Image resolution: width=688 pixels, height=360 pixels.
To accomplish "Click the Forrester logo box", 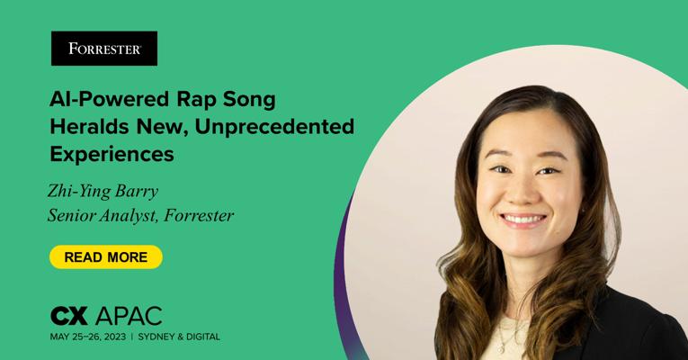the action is click(104, 49).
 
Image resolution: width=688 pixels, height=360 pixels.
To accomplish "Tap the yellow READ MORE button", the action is click(106, 256).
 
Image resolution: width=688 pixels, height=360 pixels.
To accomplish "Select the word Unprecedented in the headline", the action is click(274, 126).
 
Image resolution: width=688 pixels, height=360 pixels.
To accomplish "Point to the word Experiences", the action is click(112, 155).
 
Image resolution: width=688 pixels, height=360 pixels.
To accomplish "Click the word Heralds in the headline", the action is click(90, 126).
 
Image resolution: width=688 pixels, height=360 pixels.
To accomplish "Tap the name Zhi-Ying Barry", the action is click(103, 192).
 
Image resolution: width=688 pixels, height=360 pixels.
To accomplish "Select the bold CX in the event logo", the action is click(69, 316).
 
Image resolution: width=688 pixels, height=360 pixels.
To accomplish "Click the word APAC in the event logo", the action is click(129, 316).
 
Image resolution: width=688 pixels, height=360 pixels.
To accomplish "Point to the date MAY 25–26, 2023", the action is click(88, 337).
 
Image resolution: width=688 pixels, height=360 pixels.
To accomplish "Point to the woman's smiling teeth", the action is click(523, 219).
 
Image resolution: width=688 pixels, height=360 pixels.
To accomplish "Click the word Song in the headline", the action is click(249, 100).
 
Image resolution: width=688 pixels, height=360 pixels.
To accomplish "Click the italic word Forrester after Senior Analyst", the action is click(199, 216).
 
